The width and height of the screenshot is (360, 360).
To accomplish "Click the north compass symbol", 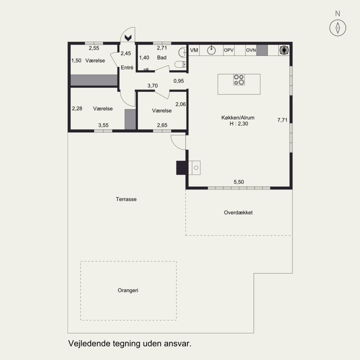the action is click(337, 28).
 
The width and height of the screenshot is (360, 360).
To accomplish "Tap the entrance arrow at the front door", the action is click(128, 38).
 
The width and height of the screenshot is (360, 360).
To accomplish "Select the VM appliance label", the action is click(194, 50).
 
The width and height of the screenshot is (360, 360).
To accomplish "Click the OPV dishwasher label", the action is click(229, 50).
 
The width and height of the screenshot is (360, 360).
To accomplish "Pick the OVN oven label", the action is click(251, 50).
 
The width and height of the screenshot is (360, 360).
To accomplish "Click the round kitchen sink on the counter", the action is click(211, 50).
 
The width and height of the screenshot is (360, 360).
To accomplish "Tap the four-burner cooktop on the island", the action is click(239, 80).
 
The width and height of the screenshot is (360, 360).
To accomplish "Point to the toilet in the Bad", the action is click(180, 64).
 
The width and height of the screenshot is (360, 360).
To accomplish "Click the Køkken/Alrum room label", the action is click(238, 117).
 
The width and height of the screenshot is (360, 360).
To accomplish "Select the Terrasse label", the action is click(126, 199).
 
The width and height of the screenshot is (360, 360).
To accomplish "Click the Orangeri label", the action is click(128, 290).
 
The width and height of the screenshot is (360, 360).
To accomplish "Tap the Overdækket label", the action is click(238, 212).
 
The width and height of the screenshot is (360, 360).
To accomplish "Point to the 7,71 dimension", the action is click(282, 120).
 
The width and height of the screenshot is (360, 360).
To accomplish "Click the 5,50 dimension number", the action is click(239, 182).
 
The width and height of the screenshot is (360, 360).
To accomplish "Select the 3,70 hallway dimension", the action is click(153, 85).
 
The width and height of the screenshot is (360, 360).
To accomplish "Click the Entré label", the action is click(127, 67).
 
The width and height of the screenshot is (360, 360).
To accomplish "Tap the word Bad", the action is click(162, 58).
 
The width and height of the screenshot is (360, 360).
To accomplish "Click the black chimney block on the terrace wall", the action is click(181, 168).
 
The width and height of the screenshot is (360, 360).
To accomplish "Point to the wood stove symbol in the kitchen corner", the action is click(284, 50).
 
